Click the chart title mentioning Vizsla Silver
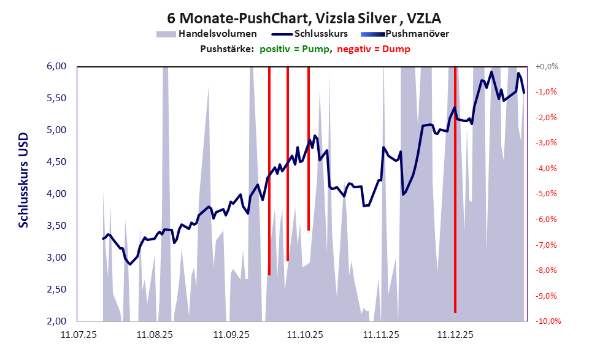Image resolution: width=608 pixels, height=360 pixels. (303, 18)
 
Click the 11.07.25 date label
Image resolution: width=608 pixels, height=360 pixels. (78, 335)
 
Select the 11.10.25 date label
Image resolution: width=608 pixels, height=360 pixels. (305, 335)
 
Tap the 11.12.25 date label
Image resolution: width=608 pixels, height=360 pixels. (455, 335)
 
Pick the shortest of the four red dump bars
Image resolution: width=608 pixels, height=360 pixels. (308, 147)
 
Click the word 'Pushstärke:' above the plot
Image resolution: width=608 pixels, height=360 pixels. (226, 48)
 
